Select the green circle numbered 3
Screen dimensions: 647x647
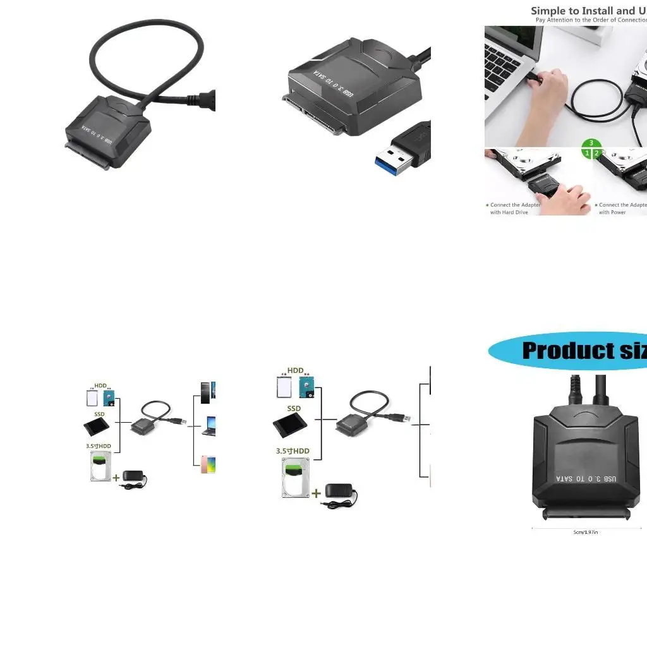point(591,143)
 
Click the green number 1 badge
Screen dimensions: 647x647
point(587,153)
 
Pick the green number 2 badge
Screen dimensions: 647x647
point(596,153)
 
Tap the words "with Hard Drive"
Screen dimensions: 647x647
point(509,212)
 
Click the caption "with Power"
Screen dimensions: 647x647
point(612,212)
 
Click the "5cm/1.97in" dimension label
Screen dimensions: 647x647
point(585,532)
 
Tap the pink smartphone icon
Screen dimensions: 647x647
point(207,465)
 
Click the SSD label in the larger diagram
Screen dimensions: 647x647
point(294,409)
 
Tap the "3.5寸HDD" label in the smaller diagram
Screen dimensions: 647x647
point(99,446)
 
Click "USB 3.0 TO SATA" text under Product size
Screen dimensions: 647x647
point(586,478)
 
